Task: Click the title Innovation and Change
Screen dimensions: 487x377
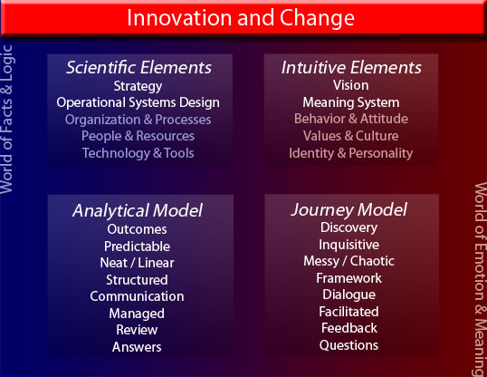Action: point(241,18)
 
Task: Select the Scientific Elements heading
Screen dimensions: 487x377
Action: point(138,67)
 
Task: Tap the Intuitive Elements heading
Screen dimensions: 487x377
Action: point(351,67)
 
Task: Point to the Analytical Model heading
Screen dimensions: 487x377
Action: point(138,210)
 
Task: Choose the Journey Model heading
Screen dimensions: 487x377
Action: point(349,210)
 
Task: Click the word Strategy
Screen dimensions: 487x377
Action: point(138,86)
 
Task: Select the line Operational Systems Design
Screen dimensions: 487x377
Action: point(138,103)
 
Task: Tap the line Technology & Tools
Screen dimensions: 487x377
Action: point(138,153)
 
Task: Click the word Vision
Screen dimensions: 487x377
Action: point(351,85)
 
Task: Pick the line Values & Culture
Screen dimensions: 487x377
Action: point(351,136)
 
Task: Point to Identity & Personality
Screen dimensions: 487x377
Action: point(351,153)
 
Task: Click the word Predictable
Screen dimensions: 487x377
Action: point(137,246)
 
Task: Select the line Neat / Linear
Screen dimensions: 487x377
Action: point(137,263)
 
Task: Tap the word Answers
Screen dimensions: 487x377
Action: point(137,347)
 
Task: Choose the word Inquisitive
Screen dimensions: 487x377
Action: point(349,245)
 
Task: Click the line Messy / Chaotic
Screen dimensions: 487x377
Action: point(349,261)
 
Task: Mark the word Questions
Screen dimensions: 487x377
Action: point(349,345)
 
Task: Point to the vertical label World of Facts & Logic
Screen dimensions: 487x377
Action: point(6,119)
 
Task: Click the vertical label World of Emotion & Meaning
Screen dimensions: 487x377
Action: point(480,279)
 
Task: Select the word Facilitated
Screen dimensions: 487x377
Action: point(349,312)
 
